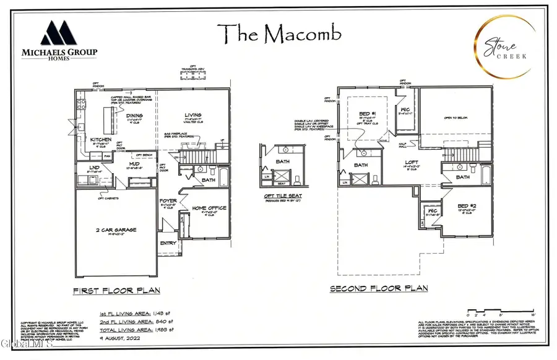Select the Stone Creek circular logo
501,41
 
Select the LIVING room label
194,114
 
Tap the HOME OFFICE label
209,208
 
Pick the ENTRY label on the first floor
168,244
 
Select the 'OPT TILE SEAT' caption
283,196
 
